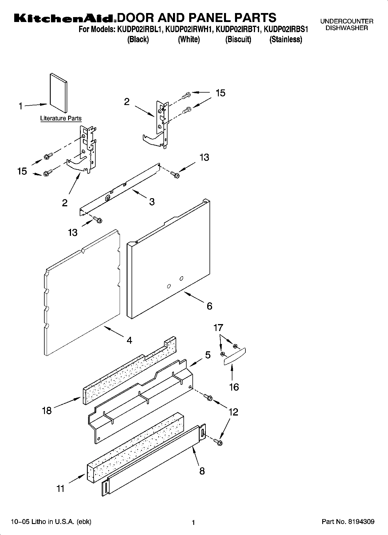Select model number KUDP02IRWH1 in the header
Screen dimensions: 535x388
coord(189,30)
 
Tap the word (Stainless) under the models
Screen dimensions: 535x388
coord(286,40)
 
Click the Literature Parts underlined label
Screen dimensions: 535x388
coord(61,118)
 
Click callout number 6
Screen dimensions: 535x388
coord(210,306)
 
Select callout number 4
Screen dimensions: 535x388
coord(129,340)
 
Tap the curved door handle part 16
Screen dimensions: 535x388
coord(235,357)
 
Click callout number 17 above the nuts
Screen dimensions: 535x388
coord(218,328)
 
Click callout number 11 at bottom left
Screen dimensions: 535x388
coord(60,489)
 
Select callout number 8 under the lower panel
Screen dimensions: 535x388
coord(202,471)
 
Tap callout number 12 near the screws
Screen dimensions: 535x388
coord(233,412)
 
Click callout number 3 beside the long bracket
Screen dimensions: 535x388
coord(152,202)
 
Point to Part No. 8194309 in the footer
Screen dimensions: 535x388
coord(348,522)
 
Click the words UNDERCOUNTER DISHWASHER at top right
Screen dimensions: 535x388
coord(347,25)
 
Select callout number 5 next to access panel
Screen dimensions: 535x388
coord(208,355)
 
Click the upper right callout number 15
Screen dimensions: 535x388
coord(221,93)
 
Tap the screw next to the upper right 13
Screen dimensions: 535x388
coord(175,174)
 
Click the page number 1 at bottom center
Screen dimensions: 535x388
coord(193,523)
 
